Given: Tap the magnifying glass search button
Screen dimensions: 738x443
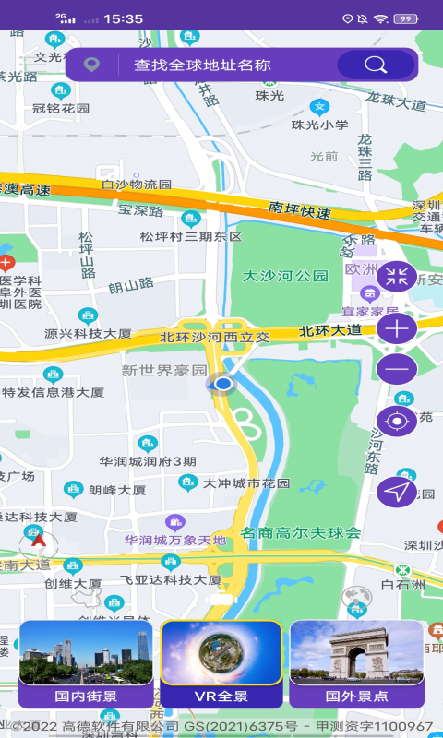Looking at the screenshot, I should (x=376, y=65).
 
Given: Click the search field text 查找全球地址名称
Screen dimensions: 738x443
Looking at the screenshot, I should (x=202, y=65).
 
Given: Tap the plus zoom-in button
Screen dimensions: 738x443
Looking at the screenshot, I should (x=397, y=327).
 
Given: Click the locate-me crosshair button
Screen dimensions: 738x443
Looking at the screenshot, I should (x=397, y=422).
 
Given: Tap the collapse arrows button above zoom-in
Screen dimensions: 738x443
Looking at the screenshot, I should (x=397, y=275).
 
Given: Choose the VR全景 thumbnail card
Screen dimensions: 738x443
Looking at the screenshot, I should (x=221, y=663).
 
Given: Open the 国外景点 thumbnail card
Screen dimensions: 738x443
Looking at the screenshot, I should (x=356, y=663).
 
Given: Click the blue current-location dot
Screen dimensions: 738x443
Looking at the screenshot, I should (x=222, y=383).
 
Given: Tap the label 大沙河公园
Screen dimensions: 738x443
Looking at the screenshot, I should (x=285, y=276).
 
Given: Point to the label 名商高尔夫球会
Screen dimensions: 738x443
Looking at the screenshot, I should (x=301, y=532).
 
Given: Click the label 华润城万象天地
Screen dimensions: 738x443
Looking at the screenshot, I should (x=175, y=540).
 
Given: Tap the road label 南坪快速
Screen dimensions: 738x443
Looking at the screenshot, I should (x=300, y=210).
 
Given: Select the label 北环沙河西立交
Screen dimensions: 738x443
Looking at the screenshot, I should (x=215, y=337).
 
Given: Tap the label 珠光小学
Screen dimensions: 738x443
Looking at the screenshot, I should (x=320, y=125).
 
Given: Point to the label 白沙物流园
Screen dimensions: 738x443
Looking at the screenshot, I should (x=137, y=184).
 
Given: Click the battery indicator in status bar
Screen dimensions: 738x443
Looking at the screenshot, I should (x=404, y=18).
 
